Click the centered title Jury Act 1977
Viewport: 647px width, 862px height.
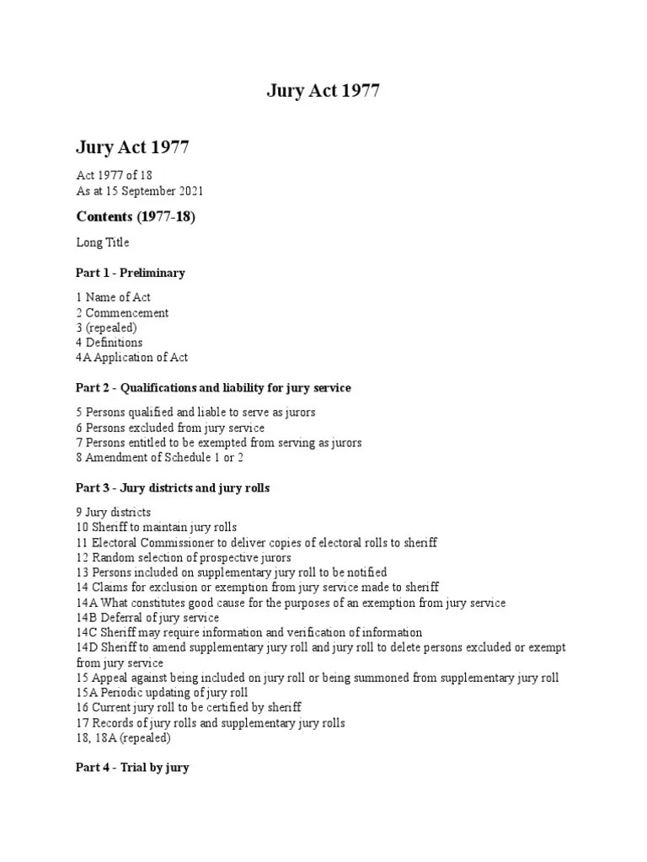click(323, 92)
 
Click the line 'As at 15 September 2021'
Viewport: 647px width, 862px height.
click(140, 191)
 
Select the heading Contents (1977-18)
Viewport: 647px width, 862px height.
click(136, 217)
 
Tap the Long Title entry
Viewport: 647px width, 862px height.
click(103, 242)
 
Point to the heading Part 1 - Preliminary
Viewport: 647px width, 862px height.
click(131, 273)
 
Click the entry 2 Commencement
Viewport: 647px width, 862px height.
click(122, 312)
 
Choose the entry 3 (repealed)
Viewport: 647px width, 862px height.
click(106, 327)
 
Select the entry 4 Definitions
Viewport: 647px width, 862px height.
click(110, 343)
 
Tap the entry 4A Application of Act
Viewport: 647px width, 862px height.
click(132, 358)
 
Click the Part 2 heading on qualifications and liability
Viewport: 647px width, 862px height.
click(213, 388)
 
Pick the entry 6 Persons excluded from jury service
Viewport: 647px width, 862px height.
click(170, 428)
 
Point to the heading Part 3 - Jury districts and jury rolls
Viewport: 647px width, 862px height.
click(173, 488)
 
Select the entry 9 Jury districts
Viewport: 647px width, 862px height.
click(114, 512)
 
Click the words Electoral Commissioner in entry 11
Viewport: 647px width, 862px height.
click(148, 542)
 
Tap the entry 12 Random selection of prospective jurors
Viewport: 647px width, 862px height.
click(184, 557)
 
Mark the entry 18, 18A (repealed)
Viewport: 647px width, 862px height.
click(123, 738)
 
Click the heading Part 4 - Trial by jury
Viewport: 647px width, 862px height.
click(132, 769)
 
